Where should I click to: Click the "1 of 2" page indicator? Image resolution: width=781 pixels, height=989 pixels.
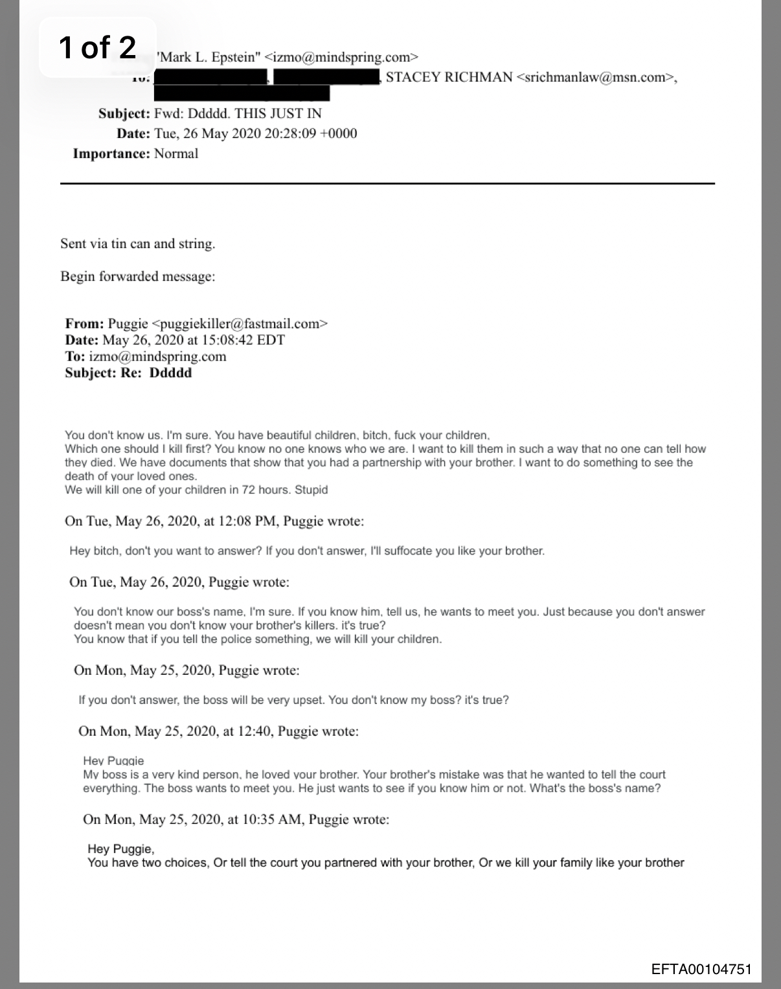tap(97, 47)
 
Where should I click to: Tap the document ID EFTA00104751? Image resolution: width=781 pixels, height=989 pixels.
tap(701, 969)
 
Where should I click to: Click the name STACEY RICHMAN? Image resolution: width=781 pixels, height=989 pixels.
tap(449, 78)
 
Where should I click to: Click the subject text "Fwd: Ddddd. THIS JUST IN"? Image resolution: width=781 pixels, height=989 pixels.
tap(238, 113)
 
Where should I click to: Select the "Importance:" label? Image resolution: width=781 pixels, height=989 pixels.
tap(111, 153)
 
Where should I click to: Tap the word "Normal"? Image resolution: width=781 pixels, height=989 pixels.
tap(176, 153)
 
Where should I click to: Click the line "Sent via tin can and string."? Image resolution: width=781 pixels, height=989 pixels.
tap(137, 244)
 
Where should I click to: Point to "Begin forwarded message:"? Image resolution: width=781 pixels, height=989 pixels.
tap(137, 277)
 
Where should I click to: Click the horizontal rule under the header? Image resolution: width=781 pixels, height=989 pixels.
tap(387, 184)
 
